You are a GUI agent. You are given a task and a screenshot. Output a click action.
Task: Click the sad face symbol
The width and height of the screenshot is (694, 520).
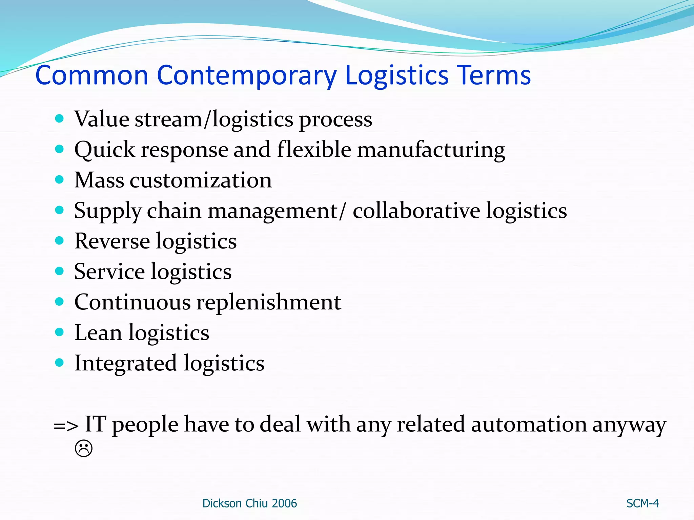[x=83, y=449]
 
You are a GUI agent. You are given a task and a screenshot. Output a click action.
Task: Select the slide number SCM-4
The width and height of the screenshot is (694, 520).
[x=642, y=503]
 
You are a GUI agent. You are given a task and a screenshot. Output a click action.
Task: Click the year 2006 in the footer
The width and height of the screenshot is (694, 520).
[x=284, y=503]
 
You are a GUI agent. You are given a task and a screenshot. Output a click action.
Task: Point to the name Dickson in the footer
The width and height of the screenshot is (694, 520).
[x=222, y=503]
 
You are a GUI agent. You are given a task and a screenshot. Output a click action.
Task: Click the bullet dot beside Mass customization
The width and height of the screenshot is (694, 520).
[x=59, y=179]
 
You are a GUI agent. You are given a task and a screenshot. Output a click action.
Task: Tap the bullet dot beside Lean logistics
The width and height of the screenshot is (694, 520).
[x=59, y=332]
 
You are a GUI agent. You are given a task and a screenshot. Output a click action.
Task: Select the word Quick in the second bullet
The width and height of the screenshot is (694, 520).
[x=104, y=150]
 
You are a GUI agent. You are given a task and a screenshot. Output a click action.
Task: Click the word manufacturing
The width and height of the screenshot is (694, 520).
[x=431, y=150]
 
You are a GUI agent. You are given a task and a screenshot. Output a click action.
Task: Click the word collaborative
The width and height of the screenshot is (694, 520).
[x=416, y=211]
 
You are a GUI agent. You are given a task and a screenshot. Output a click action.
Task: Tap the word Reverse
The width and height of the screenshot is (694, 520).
[x=112, y=241]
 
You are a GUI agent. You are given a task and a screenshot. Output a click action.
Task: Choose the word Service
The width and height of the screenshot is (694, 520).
[x=109, y=272]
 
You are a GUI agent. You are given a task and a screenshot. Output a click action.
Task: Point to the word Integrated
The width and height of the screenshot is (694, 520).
[x=125, y=363]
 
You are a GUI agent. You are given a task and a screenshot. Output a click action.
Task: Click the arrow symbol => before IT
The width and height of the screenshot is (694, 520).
[x=66, y=426]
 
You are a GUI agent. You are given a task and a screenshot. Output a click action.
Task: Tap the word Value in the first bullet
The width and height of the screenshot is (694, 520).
[x=102, y=119]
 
